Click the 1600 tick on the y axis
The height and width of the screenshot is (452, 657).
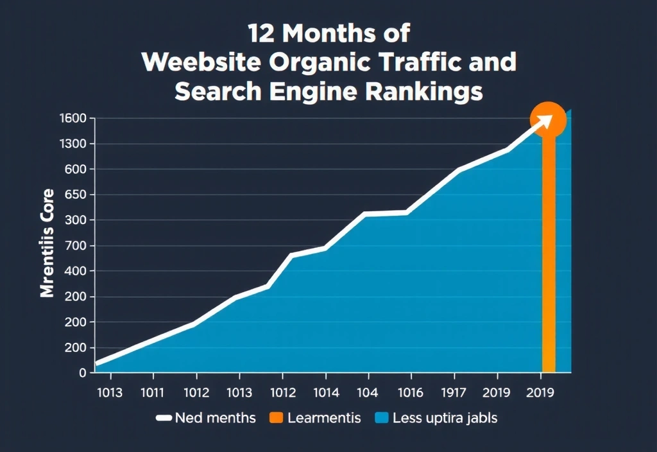pyautogui.click(x=72, y=118)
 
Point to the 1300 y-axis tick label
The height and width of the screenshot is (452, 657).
pyautogui.click(x=72, y=144)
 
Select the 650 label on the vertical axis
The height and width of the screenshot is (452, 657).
pyautogui.click(x=75, y=195)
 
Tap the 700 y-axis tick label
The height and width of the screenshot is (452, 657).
pyautogui.click(x=75, y=245)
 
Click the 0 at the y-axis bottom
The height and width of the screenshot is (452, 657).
pyautogui.click(x=82, y=372)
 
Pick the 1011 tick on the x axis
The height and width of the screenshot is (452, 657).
pyautogui.click(x=153, y=393)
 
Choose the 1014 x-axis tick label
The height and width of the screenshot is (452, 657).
pyautogui.click(x=325, y=393)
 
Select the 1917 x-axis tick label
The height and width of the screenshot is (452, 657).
pyautogui.click(x=454, y=393)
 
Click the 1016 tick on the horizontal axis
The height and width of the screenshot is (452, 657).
pyautogui.click(x=411, y=393)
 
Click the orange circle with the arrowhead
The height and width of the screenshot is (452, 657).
pyautogui.click(x=548, y=119)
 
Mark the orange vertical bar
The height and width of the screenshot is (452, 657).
pyautogui.click(x=549, y=257)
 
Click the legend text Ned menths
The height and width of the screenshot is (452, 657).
pyautogui.click(x=216, y=418)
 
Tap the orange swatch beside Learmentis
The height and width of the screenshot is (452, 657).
pyautogui.click(x=276, y=418)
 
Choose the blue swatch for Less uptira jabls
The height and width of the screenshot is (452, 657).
pyautogui.click(x=381, y=418)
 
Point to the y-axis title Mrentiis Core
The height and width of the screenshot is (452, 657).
pyautogui.click(x=47, y=243)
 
